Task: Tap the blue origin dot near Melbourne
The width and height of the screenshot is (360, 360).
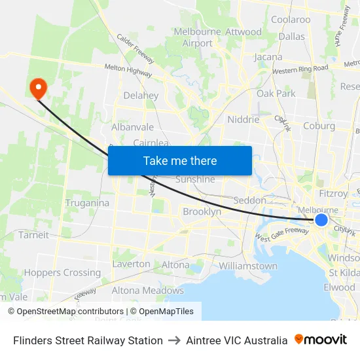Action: pos(321,220)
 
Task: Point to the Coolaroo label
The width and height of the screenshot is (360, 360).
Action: pos(291,20)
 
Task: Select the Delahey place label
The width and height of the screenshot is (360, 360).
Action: pos(141,96)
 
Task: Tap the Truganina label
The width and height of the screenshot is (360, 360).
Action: pos(87,203)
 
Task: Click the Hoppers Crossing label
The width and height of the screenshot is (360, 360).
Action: pos(62,272)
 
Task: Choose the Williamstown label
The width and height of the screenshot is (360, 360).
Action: pos(248,266)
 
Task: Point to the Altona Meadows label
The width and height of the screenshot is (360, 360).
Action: pos(147,290)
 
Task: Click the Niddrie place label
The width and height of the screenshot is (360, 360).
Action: pos(243,119)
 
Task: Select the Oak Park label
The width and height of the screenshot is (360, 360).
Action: pos(276,94)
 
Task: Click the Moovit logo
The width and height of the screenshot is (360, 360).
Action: pos(321,340)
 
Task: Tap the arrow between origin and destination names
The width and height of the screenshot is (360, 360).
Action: pos(174,340)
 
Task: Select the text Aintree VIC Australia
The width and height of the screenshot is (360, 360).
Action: pos(236,340)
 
